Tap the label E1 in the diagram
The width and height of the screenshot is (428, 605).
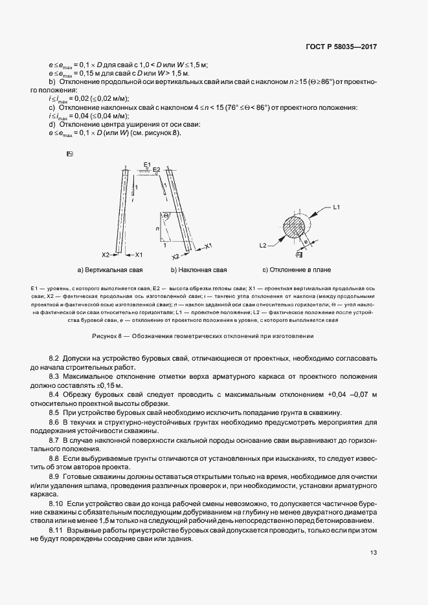click(147, 164)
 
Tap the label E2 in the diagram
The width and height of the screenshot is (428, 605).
click(156, 169)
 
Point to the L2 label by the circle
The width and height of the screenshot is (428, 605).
click(264, 246)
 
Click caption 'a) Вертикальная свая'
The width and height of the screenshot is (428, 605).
click(110, 269)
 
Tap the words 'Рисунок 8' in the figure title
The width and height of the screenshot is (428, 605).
click(107, 336)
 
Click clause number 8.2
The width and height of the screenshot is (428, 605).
click(54, 358)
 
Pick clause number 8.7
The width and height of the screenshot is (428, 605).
click(54, 439)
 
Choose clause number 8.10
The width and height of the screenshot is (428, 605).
click(56, 502)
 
